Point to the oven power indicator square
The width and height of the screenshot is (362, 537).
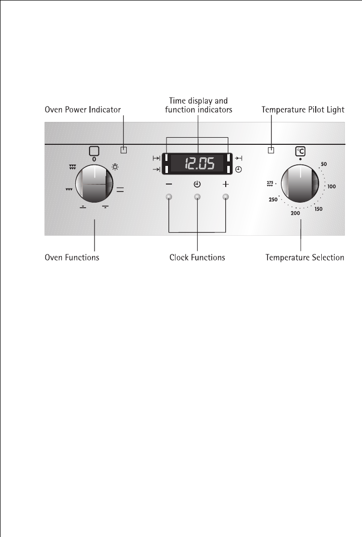click(x=124, y=150)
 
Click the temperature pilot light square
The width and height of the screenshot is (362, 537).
click(x=271, y=150)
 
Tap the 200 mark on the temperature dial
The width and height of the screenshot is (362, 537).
click(x=295, y=214)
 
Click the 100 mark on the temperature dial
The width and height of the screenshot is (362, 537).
click(x=331, y=187)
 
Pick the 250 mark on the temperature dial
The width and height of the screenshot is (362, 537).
click(x=273, y=200)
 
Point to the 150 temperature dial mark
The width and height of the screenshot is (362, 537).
click(x=318, y=209)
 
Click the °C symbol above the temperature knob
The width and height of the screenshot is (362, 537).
click(x=300, y=150)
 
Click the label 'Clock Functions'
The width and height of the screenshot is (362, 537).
click(x=197, y=257)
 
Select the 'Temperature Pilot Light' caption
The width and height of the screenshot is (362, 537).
click(x=303, y=109)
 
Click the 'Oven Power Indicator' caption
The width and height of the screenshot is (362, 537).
click(x=83, y=109)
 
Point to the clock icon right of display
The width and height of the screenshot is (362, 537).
click(x=238, y=169)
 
